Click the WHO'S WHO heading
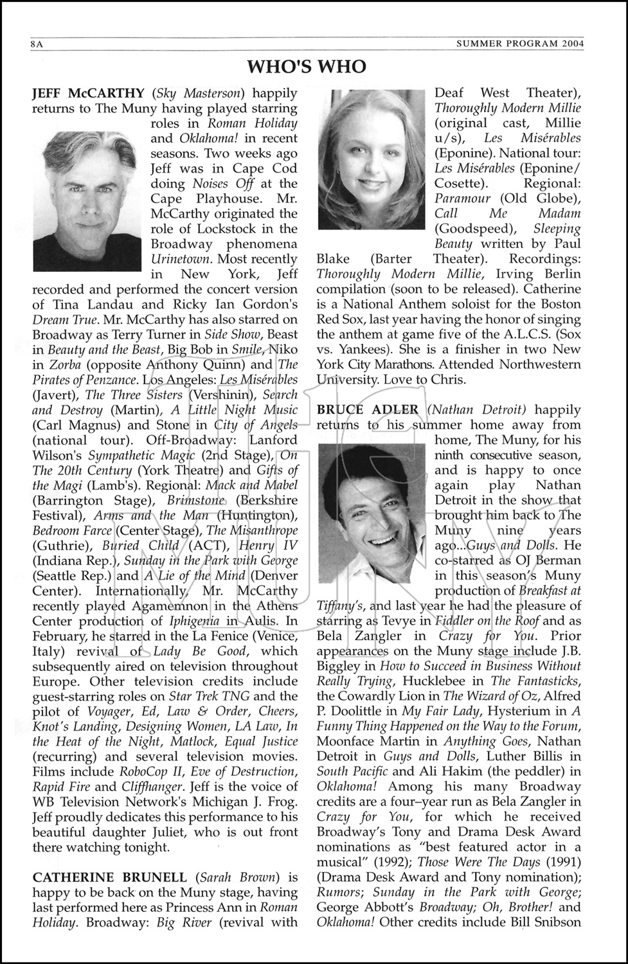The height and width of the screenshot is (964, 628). point(307,67)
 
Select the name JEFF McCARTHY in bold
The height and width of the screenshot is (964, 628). point(89,93)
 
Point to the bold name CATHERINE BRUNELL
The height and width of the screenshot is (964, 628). point(110,877)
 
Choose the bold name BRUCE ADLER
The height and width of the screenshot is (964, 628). point(368,410)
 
